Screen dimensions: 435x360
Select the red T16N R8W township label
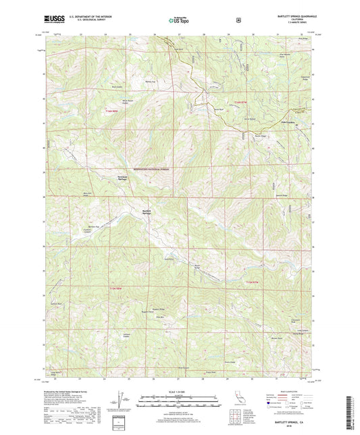[115, 110]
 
